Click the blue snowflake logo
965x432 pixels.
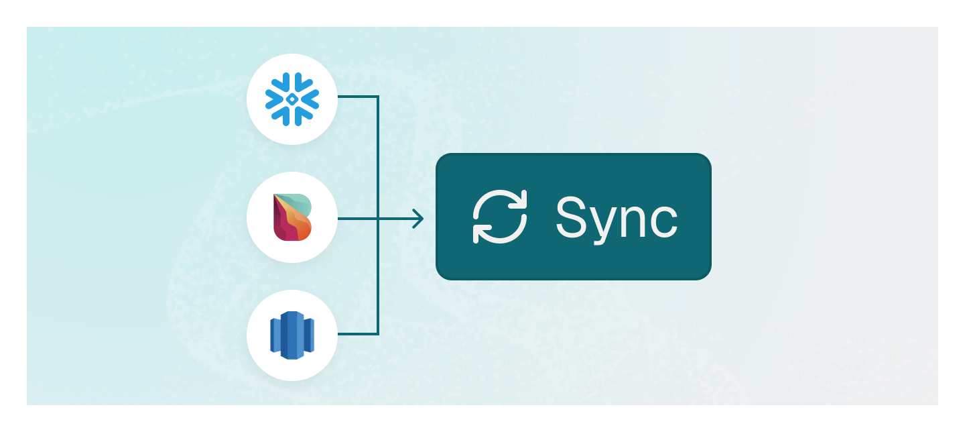tap(292, 99)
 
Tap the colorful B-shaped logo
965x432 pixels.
tap(292, 217)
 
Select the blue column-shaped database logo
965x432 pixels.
tap(292, 335)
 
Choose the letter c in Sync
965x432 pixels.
tap(664, 221)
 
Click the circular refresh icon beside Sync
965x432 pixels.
tap(500, 217)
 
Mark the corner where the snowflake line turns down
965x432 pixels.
tap(378, 97)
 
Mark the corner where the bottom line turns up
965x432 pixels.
tap(378, 333)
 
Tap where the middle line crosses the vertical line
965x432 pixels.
tap(378, 219)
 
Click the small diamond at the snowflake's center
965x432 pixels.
tap(292, 99)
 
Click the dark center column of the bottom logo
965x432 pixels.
tap(291, 335)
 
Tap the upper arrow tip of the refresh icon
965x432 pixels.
tap(521, 197)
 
